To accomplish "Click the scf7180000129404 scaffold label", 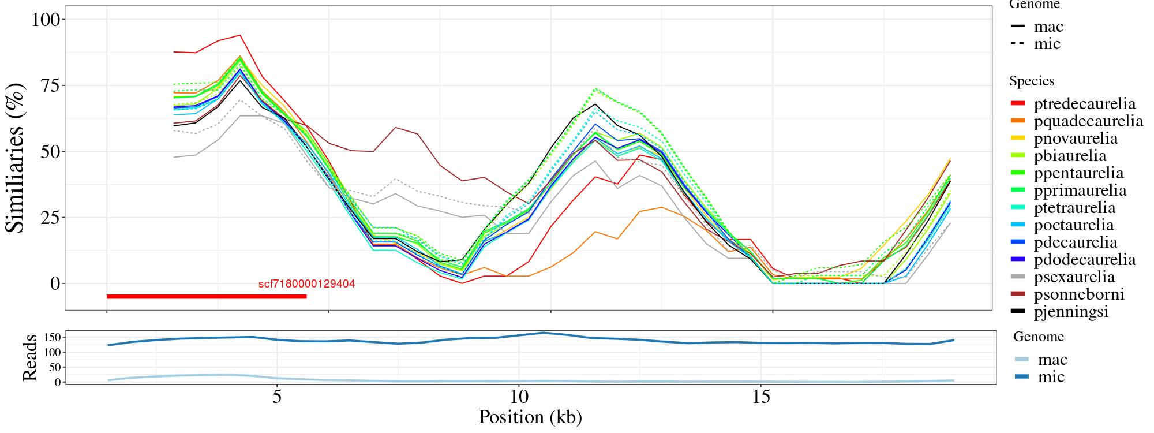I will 306,284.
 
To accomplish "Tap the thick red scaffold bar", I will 206,297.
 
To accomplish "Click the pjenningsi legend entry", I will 1071,312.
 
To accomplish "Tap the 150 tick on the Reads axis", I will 52,337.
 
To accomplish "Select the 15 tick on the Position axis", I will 761,398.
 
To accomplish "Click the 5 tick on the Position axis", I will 277,398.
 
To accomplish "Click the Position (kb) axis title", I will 530,417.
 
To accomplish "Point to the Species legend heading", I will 1032,81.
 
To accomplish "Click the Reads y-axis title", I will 29,357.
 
